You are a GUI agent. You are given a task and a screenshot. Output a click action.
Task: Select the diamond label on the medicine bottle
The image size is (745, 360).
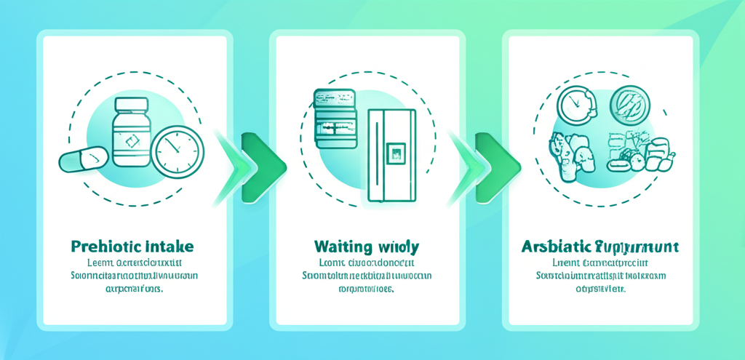pos(131,141)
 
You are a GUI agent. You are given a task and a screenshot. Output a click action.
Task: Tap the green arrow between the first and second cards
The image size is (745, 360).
pos(256,166)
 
